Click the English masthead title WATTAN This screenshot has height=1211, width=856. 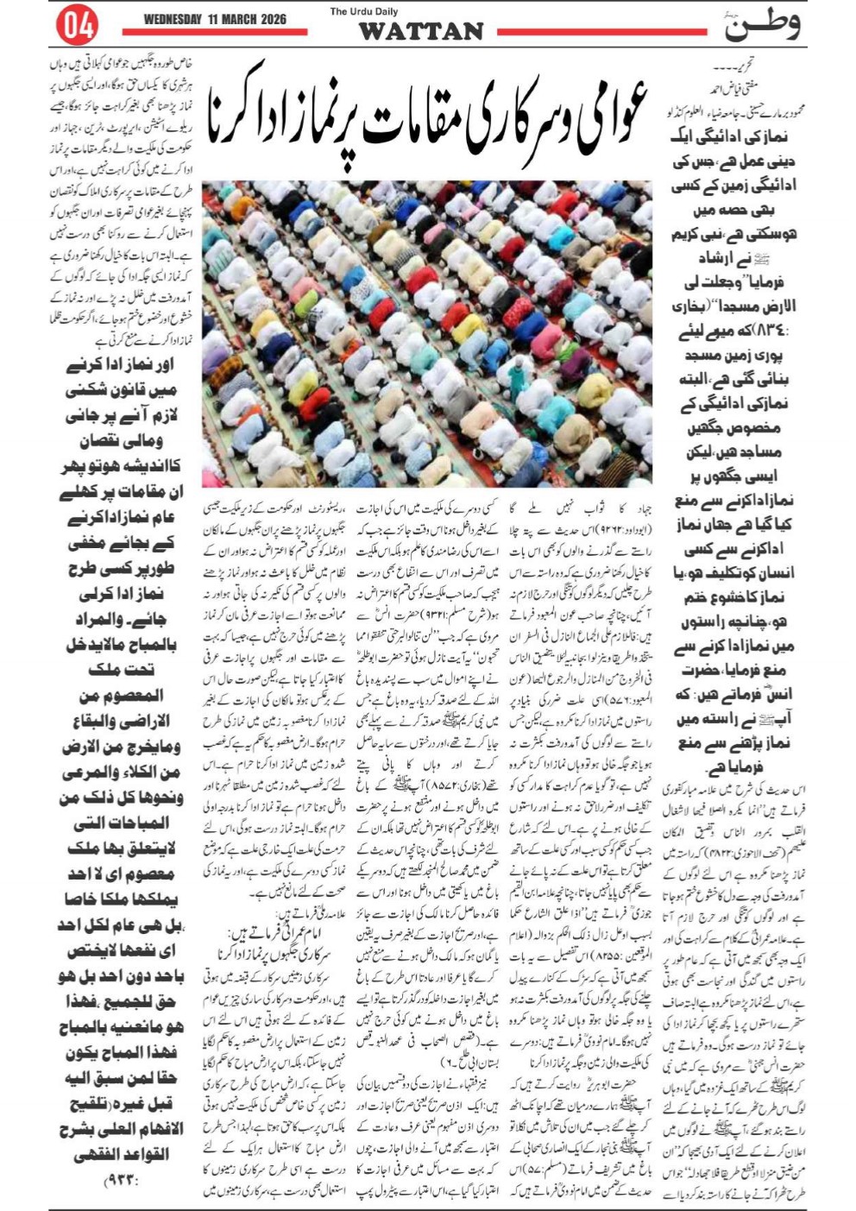420,32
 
